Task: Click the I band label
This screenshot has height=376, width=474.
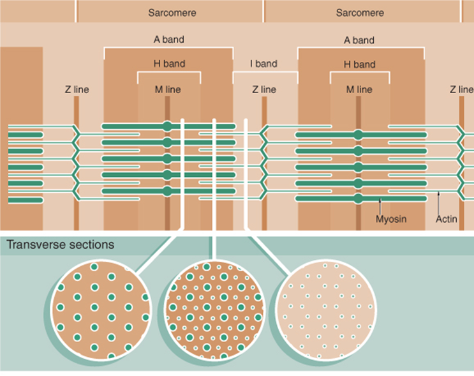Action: click(x=263, y=64)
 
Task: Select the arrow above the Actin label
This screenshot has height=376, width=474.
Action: click(x=439, y=203)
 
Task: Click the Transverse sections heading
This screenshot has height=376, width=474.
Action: click(x=60, y=244)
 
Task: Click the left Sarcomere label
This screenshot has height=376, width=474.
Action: click(x=172, y=12)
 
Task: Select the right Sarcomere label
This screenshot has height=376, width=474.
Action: click(x=360, y=12)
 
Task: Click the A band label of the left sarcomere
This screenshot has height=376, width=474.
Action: click(x=169, y=40)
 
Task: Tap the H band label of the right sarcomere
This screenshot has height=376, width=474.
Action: click(x=360, y=64)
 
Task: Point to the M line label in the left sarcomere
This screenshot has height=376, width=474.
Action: click(x=168, y=89)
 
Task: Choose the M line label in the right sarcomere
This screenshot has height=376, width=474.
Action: click(x=359, y=89)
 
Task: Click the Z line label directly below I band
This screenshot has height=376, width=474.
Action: click(x=263, y=89)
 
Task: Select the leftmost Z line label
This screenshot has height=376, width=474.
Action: click(x=77, y=89)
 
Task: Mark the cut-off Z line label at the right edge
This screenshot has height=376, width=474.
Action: click(x=461, y=89)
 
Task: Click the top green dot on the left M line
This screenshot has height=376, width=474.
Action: click(x=167, y=126)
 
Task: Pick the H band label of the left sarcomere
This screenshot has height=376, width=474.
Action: click(x=169, y=64)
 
